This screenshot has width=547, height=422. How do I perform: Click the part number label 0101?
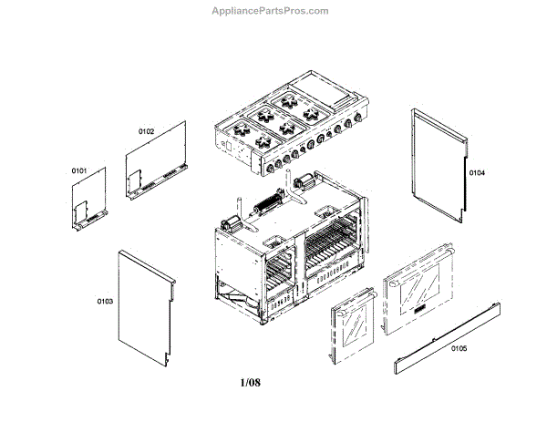[x=78, y=170]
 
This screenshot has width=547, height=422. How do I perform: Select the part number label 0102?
[x=146, y=131]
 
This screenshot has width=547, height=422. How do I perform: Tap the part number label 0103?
[x=105, y=300]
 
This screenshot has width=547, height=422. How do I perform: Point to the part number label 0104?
[x=477, y=172]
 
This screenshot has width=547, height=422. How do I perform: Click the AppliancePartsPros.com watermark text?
[x=270, y=11]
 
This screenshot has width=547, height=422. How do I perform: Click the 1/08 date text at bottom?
[x=250, y=382]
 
